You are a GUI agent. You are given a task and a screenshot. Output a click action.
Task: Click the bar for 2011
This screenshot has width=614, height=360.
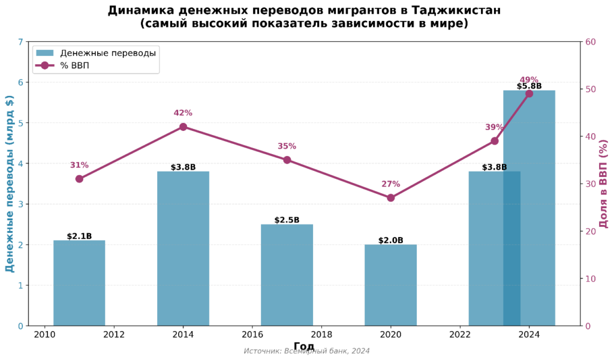coord(79,283)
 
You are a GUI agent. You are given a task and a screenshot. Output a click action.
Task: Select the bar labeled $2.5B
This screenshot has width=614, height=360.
coord(287,275)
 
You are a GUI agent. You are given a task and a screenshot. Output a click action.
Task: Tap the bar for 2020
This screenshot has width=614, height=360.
coord(390,285)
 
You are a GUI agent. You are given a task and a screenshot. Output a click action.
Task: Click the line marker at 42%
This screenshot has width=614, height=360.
coord(183,127)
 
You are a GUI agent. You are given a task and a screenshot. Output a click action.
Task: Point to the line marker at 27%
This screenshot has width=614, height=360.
coord(390,197)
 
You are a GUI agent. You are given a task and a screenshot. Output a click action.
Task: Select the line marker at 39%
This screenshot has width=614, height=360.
coord(494,141)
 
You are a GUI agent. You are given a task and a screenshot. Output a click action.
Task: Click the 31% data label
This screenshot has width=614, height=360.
coord(79,166)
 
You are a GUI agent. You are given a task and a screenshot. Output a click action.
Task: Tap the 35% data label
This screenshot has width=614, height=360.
coord(287,146)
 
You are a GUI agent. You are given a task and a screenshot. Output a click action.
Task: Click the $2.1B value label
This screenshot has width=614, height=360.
coord(79,236)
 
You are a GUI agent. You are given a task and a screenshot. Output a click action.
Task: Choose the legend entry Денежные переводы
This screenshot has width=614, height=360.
coord(108,53)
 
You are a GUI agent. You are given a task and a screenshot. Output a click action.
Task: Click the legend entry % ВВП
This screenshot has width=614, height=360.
coord(74,65)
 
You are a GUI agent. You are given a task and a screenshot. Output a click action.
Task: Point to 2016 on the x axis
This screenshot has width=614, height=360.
coord(252,334)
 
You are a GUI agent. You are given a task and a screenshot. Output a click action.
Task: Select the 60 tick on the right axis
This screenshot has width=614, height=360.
coord(591,42)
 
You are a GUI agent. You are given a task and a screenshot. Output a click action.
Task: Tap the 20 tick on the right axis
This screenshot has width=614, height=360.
coord(591,232)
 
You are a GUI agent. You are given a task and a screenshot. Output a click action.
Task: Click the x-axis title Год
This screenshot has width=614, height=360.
coord(304,346)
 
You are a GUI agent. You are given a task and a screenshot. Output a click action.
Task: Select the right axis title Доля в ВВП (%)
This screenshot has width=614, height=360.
coord(604,184)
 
